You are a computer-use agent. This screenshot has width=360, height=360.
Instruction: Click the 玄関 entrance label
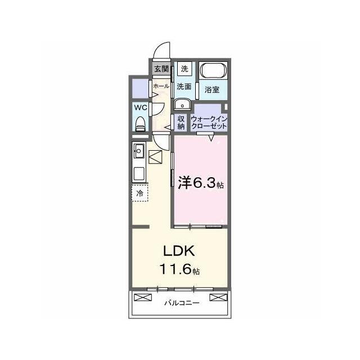161,69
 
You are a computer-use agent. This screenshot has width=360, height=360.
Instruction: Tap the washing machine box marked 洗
184,69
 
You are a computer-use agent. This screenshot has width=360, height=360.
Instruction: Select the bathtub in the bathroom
213,70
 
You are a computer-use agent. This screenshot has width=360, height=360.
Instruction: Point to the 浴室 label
212,89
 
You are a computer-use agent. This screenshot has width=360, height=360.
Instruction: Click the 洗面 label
184,87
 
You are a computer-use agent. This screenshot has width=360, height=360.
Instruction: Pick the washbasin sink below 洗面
182,105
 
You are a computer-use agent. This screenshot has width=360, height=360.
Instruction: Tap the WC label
141,107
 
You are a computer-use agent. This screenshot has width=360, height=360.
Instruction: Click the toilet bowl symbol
140,124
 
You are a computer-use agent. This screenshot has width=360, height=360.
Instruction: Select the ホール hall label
161,86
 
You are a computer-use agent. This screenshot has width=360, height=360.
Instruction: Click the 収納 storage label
181,123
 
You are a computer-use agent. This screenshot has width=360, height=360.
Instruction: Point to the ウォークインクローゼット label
209,123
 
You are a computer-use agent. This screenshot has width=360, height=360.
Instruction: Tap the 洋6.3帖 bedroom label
201,183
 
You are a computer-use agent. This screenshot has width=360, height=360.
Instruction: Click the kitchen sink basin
139,151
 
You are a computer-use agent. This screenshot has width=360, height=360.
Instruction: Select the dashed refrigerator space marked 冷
139,193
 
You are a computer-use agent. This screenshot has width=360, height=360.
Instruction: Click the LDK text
179,251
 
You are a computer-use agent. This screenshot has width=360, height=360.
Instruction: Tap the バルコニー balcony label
182,303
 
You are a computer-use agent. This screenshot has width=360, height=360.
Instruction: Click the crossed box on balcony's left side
143,298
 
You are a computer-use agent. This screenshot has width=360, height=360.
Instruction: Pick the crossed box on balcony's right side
218,298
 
